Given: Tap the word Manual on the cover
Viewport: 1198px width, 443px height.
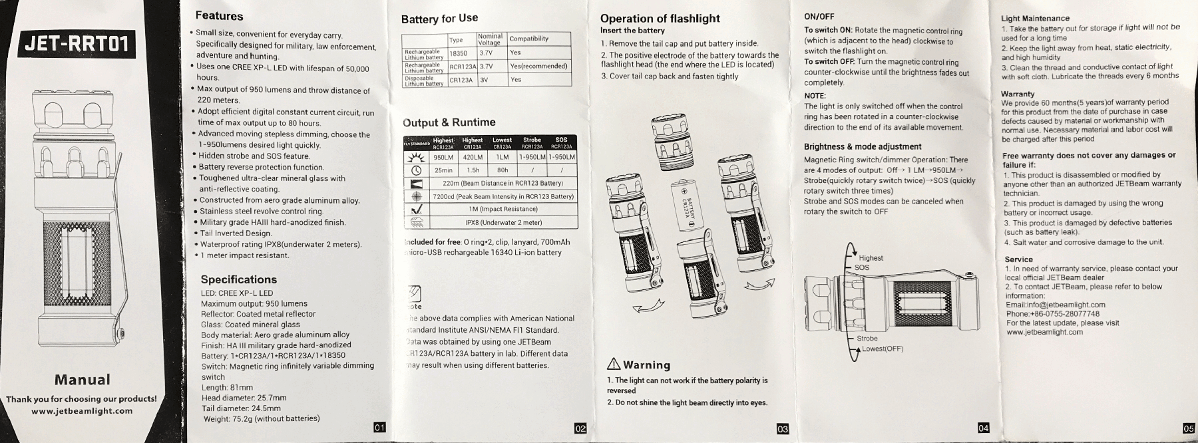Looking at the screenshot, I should click(x=82, y=380).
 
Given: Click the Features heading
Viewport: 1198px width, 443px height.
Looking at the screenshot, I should click(x=219, y=16).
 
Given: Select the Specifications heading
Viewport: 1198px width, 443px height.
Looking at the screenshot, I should click(x=238, y=279).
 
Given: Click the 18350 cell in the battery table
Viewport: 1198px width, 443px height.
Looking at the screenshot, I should click(x=458, y=53).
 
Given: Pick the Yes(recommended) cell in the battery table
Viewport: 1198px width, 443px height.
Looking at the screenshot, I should click(x=538, y=67).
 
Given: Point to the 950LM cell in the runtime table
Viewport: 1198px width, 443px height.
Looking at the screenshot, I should click(x=443, y=158).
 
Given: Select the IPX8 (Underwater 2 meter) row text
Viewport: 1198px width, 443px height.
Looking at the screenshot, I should click(x=503, y=222).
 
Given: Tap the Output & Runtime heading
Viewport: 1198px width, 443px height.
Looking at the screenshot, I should click(x=449, y=122).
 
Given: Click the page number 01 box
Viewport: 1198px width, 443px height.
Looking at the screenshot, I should click(x=379, y=427).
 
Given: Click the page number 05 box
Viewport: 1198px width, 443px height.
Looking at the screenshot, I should click(x=1188, y=428).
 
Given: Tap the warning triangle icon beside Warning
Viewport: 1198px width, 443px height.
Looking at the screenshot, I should click(x=614, y=365).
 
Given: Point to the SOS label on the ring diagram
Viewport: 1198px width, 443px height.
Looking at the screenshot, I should click(x=862, y=267).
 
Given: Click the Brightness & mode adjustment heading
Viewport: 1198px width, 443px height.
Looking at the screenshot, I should click(x=863, y=146).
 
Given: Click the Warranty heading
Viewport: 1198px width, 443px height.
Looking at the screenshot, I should click(x=1018, y=94).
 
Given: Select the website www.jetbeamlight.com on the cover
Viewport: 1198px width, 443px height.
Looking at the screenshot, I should click(x=82, y=411).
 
